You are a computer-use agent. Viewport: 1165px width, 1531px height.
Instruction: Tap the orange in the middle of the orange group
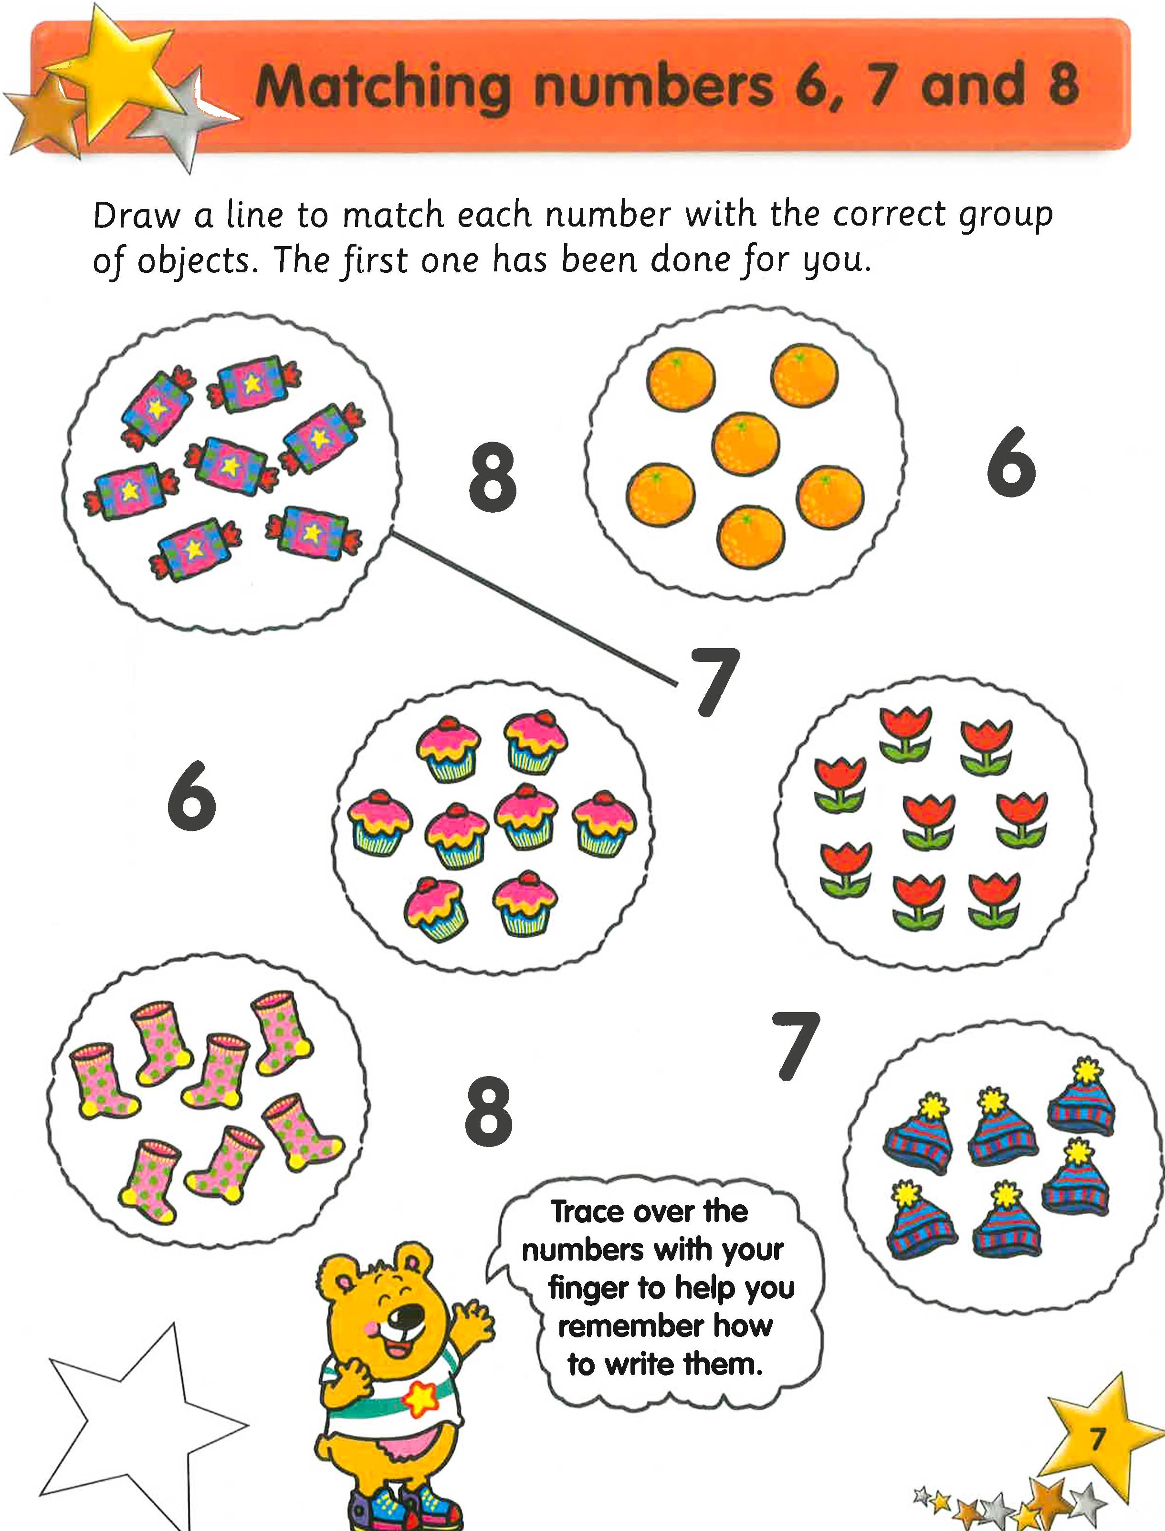point(745,444)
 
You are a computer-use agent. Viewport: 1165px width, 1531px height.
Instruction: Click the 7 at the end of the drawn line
point(715,681)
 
